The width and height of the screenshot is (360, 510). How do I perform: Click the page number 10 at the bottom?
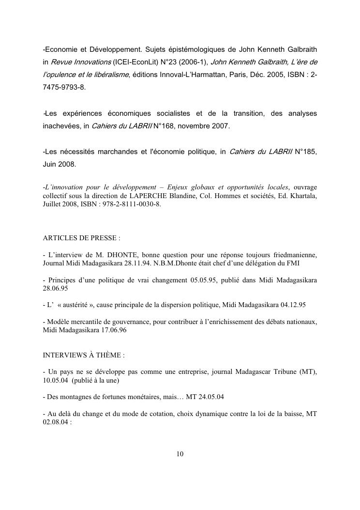pos(180,454)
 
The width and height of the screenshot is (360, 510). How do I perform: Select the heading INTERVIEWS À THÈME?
pos(84,355)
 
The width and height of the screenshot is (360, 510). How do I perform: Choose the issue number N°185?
pos(305,153)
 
